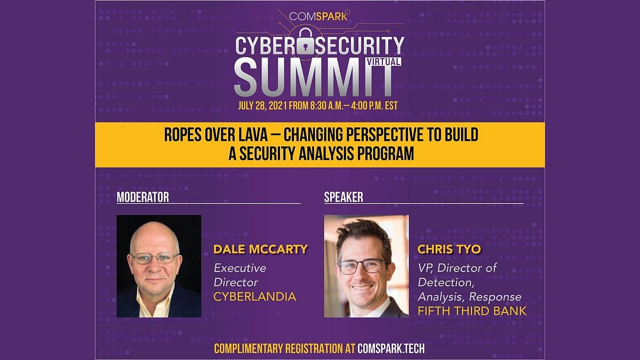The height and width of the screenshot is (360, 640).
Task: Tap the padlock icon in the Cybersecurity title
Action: [x=306, y=42]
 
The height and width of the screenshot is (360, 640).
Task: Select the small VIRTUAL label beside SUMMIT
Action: [x=383, y=62]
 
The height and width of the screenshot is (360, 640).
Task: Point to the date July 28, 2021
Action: [x=262, y=106]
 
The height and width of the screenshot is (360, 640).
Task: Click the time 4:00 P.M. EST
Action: [x=374, y=106]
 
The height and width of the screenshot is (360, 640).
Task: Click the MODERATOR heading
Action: [x=142, y=197]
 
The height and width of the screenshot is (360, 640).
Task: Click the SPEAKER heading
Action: [x=343, y=197]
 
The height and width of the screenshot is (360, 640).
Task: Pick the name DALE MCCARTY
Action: [x=260, y=249]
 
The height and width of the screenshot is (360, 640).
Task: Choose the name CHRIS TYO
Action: [x=449, y=249]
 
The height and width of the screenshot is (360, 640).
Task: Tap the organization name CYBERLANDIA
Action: [x=254, y=297]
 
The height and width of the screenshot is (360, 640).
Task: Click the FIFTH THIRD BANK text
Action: [x=472, y=311]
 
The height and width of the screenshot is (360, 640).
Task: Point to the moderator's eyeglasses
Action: [x=155, y=258]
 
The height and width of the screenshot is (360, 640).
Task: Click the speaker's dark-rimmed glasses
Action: [x=362, y=267]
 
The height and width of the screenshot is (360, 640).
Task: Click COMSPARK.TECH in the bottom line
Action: [x=391, y=349]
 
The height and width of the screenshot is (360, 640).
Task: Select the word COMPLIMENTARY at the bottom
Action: [x=249, y=349]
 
